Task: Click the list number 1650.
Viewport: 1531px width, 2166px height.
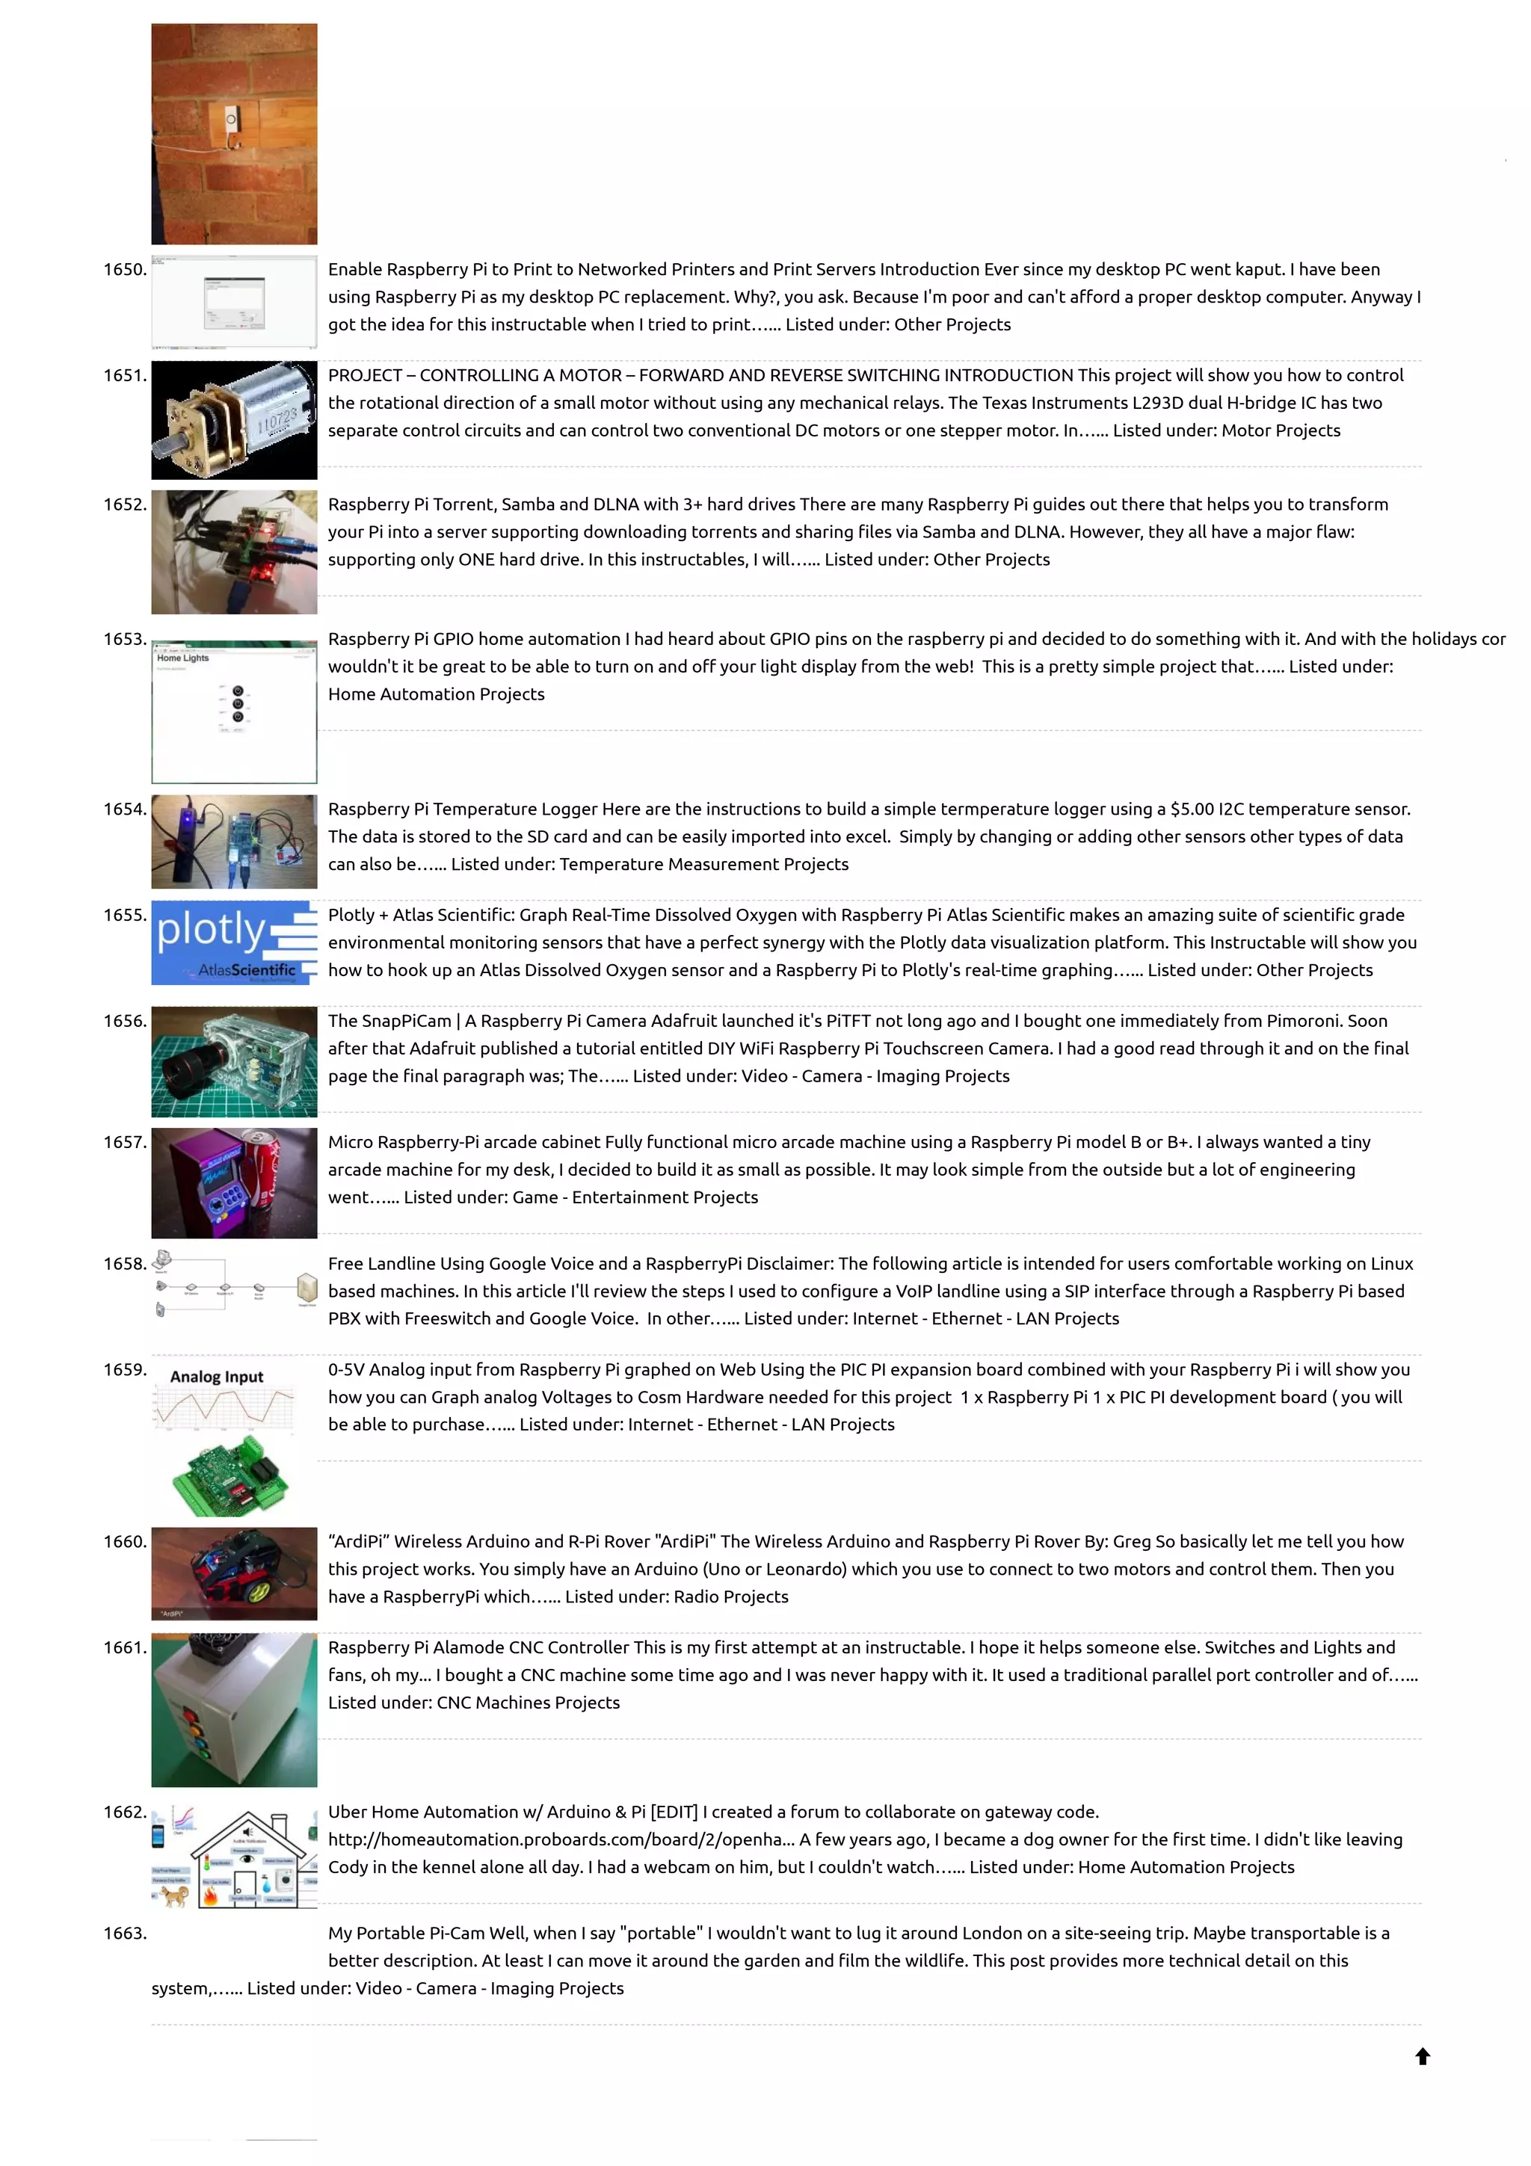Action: (125, 270)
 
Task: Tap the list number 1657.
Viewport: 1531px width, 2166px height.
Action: (125, 1143)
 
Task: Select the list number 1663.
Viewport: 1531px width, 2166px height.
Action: (125, 1933)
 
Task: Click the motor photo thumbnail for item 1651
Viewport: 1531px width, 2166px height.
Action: (234, 420)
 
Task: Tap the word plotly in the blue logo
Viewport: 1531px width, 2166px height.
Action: (212, 931)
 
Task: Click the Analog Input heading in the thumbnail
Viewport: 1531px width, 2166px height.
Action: (216, 1377)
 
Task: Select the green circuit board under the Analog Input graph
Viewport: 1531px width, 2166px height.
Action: (232, 1476)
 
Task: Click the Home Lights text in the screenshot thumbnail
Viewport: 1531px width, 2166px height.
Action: (183, 658)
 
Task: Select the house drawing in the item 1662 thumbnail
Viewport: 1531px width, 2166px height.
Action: (247, 1857)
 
